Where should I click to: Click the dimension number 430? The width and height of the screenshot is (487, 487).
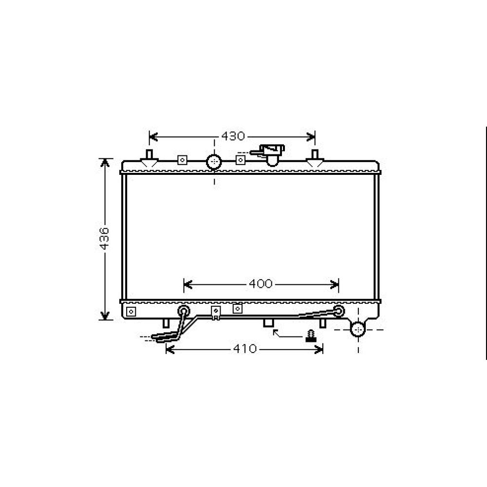coord(233,136)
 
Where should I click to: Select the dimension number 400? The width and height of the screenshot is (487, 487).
coord(260,283)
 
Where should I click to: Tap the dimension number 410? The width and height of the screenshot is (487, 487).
coord(244,349)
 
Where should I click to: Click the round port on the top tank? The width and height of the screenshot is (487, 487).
coord(214,161)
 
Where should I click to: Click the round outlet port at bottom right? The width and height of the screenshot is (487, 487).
coord(358,329)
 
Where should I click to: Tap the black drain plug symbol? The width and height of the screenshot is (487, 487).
coord(310,336)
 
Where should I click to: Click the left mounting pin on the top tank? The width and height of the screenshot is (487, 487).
coord(149,155)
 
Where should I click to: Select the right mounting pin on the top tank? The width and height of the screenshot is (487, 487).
coord(315,155)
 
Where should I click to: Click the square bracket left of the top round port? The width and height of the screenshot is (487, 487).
coord(182,160)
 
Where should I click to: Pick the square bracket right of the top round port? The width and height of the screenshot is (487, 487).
coord(240,159)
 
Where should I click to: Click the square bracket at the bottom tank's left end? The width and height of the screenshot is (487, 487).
coord(131,311)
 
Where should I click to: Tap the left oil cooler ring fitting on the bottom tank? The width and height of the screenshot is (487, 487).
coord(184,311)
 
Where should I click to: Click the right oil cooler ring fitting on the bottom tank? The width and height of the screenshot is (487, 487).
coord(339,310)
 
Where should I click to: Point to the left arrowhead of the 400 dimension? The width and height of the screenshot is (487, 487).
coord(187,283)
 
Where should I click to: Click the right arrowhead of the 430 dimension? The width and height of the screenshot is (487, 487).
coord(313,136)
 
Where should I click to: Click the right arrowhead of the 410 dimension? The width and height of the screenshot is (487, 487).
coord(320,349)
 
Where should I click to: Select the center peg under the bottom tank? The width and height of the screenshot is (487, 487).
coord(268,323)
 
